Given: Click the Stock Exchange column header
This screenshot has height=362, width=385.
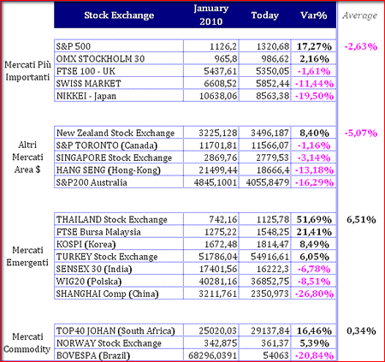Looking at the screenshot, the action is pyautogui.click(x=119, y=15).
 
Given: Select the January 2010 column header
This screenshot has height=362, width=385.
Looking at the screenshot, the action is pyautogui.click(x=211, y=15).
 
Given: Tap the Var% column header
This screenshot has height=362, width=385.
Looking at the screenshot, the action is pyautogui.click(x=313, y=15).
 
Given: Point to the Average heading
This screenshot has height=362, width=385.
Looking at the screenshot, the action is pyautogui.click(x=360, y=15).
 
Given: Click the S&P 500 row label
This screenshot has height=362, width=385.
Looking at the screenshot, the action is pyautogui.click(x=74, y=46).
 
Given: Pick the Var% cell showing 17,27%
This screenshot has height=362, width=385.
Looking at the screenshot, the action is pyautogui.click(x=314, y=46).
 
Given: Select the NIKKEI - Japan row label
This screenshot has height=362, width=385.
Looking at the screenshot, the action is pyautogui.click(x=86, y=96).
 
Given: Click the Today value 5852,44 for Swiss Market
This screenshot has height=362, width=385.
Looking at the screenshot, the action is pyautogui.click(x=272, y=84).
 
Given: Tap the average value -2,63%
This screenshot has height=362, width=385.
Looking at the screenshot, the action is pyautogui.click(x=361, y=46).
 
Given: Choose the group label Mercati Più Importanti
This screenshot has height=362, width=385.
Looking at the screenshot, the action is pyautogui.click(x=27, y=71).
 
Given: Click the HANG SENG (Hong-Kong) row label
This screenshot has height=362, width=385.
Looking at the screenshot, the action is pyautogui.click(x=109, y=170).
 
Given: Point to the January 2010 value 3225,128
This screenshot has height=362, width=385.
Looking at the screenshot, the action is pyautogui.click(x=218, y=133).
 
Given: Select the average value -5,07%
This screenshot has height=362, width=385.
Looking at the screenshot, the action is pyautogui.click(x=361, y=134).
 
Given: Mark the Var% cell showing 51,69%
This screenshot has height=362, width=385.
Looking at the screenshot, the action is pyautogui.click(x=314, y=220).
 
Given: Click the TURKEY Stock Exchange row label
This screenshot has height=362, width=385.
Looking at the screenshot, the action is pyautogui.click(x=107, y=257).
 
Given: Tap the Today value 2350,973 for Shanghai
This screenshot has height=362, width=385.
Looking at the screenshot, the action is pyautogui.click(x=269, y=294).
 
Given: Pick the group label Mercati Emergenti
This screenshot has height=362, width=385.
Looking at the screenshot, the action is pyautogui.click(x=27, y=256).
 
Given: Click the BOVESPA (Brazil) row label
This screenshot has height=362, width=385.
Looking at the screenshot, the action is pyautogui.click(x=93, y=356).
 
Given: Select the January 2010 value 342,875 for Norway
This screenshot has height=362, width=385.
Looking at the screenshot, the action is pyautogui.click(x=220, y=343).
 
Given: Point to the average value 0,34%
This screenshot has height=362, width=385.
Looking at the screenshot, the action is pyautogui.click(x=361, y=331).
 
